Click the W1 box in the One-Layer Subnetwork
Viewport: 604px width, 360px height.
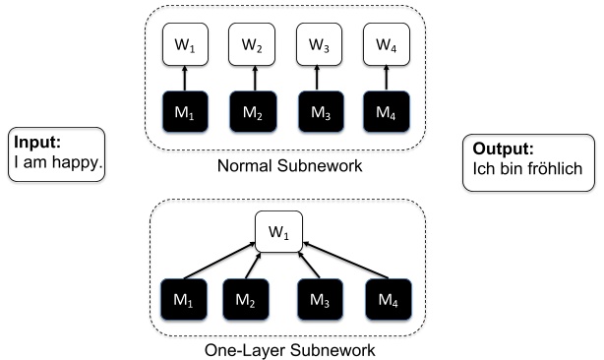coord(278,232)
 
